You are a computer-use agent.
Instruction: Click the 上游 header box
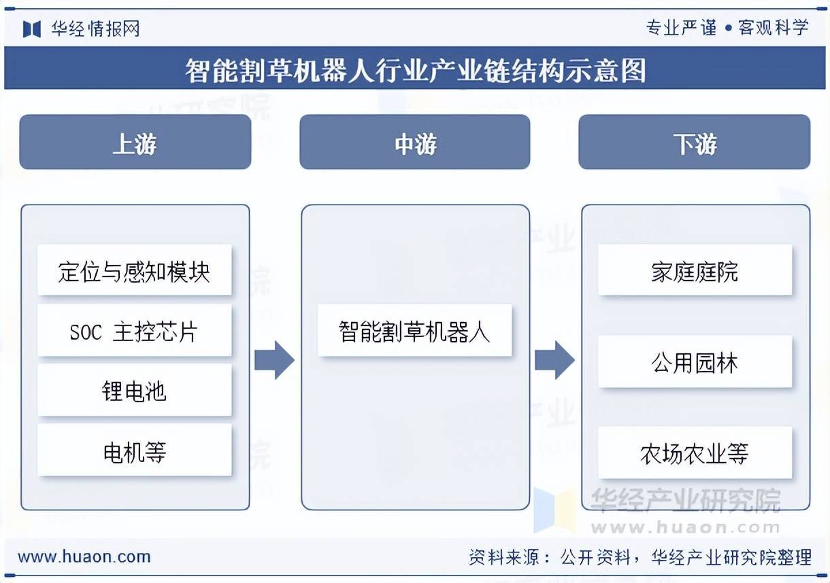point(135,142)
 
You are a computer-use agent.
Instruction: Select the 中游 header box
point(414,142)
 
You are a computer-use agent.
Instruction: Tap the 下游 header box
point(694,142)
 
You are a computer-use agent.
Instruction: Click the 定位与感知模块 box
point(134,270)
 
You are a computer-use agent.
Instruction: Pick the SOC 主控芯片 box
point(134,331)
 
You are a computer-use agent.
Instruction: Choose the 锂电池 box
point(134,391)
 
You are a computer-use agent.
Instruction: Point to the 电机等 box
point(134,450)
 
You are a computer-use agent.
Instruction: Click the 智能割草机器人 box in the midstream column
point(414,331)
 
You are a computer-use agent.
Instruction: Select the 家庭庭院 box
point(695,270)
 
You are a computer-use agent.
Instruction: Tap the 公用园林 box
point(695,362)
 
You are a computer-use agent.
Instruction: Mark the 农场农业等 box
point(695,453)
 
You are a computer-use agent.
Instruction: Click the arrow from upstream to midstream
point(274,360)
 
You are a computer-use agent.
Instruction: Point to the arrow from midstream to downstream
point(554,360)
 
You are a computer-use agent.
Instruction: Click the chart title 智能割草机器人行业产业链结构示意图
point(415,69)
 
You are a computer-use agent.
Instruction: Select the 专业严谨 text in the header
point(681,28)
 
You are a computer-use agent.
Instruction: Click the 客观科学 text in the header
point(774,28)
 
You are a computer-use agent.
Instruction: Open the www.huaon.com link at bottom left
point(84,557)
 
